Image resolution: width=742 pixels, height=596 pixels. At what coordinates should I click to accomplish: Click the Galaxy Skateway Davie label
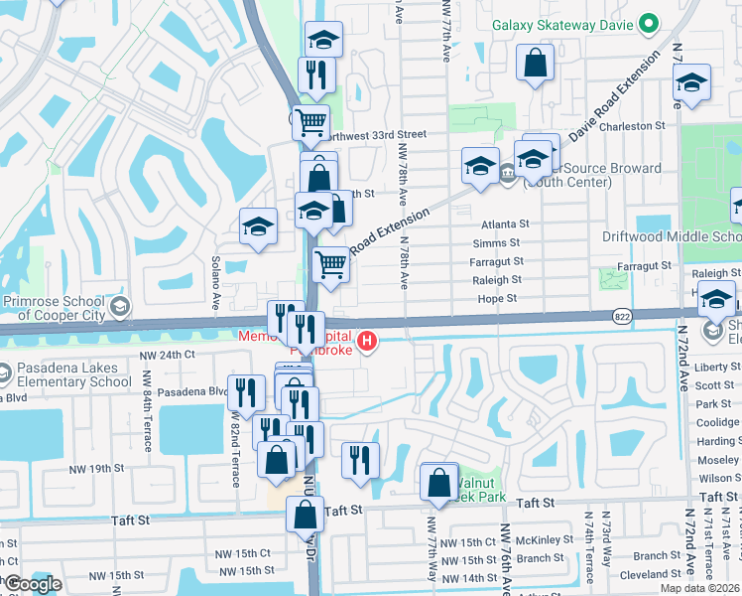(560, 22)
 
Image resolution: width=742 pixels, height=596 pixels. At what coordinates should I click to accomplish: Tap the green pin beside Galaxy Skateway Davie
(648, 22)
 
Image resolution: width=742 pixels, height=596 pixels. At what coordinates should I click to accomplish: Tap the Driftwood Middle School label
(672, 236)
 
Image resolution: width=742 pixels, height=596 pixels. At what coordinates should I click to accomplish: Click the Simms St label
(496, 243)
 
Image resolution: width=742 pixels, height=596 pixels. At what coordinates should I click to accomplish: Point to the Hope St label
(497, 298)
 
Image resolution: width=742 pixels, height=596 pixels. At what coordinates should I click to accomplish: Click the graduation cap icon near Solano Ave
(258, 226)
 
